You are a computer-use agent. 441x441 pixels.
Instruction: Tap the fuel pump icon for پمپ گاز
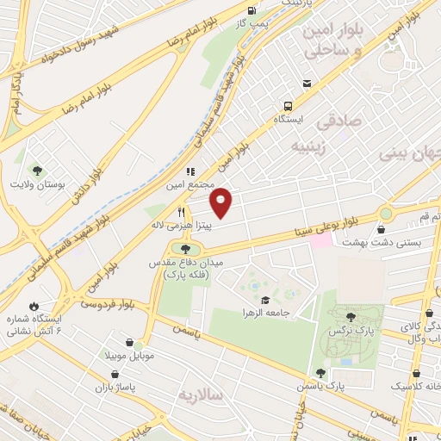[251, 11]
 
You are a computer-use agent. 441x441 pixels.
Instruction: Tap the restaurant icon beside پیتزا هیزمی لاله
[181, 212]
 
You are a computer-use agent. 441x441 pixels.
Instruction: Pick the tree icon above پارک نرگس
[351, 317]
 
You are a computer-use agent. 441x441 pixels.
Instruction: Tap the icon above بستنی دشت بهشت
[382, 228]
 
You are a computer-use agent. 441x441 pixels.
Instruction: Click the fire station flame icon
[33, 306]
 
